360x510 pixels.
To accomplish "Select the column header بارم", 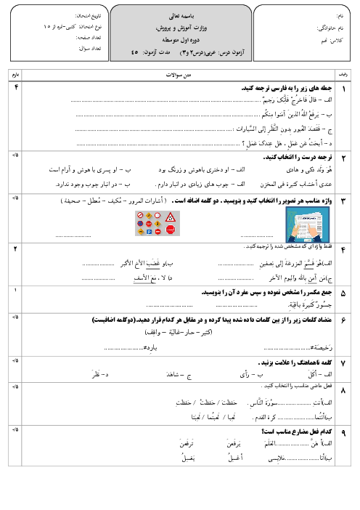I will pos(15,75).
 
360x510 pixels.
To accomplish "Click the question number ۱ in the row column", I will pos(343,88).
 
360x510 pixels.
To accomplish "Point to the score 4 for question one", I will pos(15,87).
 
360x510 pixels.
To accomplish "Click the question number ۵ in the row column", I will pos(343,294).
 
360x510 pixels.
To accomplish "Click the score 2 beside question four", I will pos(15,248).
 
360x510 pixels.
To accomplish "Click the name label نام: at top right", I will pos(340,15).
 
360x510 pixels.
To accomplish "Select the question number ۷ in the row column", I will pos(343,363).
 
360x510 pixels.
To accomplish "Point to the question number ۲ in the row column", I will pos(343,158).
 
